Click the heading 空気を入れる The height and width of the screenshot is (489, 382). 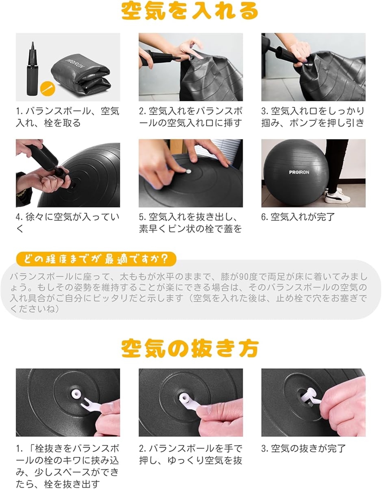click(190, 11)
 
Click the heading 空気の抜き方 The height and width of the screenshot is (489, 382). click(190, 348)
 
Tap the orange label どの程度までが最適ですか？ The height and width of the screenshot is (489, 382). click(96, 259)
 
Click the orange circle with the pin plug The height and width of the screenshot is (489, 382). click(48, 88)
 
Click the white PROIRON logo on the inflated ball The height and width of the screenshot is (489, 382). click(299, 172)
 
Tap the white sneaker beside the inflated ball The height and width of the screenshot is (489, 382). click(338, 196)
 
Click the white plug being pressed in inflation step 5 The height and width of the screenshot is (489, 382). click(188, 172)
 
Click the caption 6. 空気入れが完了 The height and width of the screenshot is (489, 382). click(298, 217)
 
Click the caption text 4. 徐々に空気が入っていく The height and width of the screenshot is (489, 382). click(68, 223)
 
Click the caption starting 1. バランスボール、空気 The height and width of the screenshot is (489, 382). click(68, 117)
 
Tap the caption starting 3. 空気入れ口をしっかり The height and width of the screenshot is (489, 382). click(313, 117)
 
